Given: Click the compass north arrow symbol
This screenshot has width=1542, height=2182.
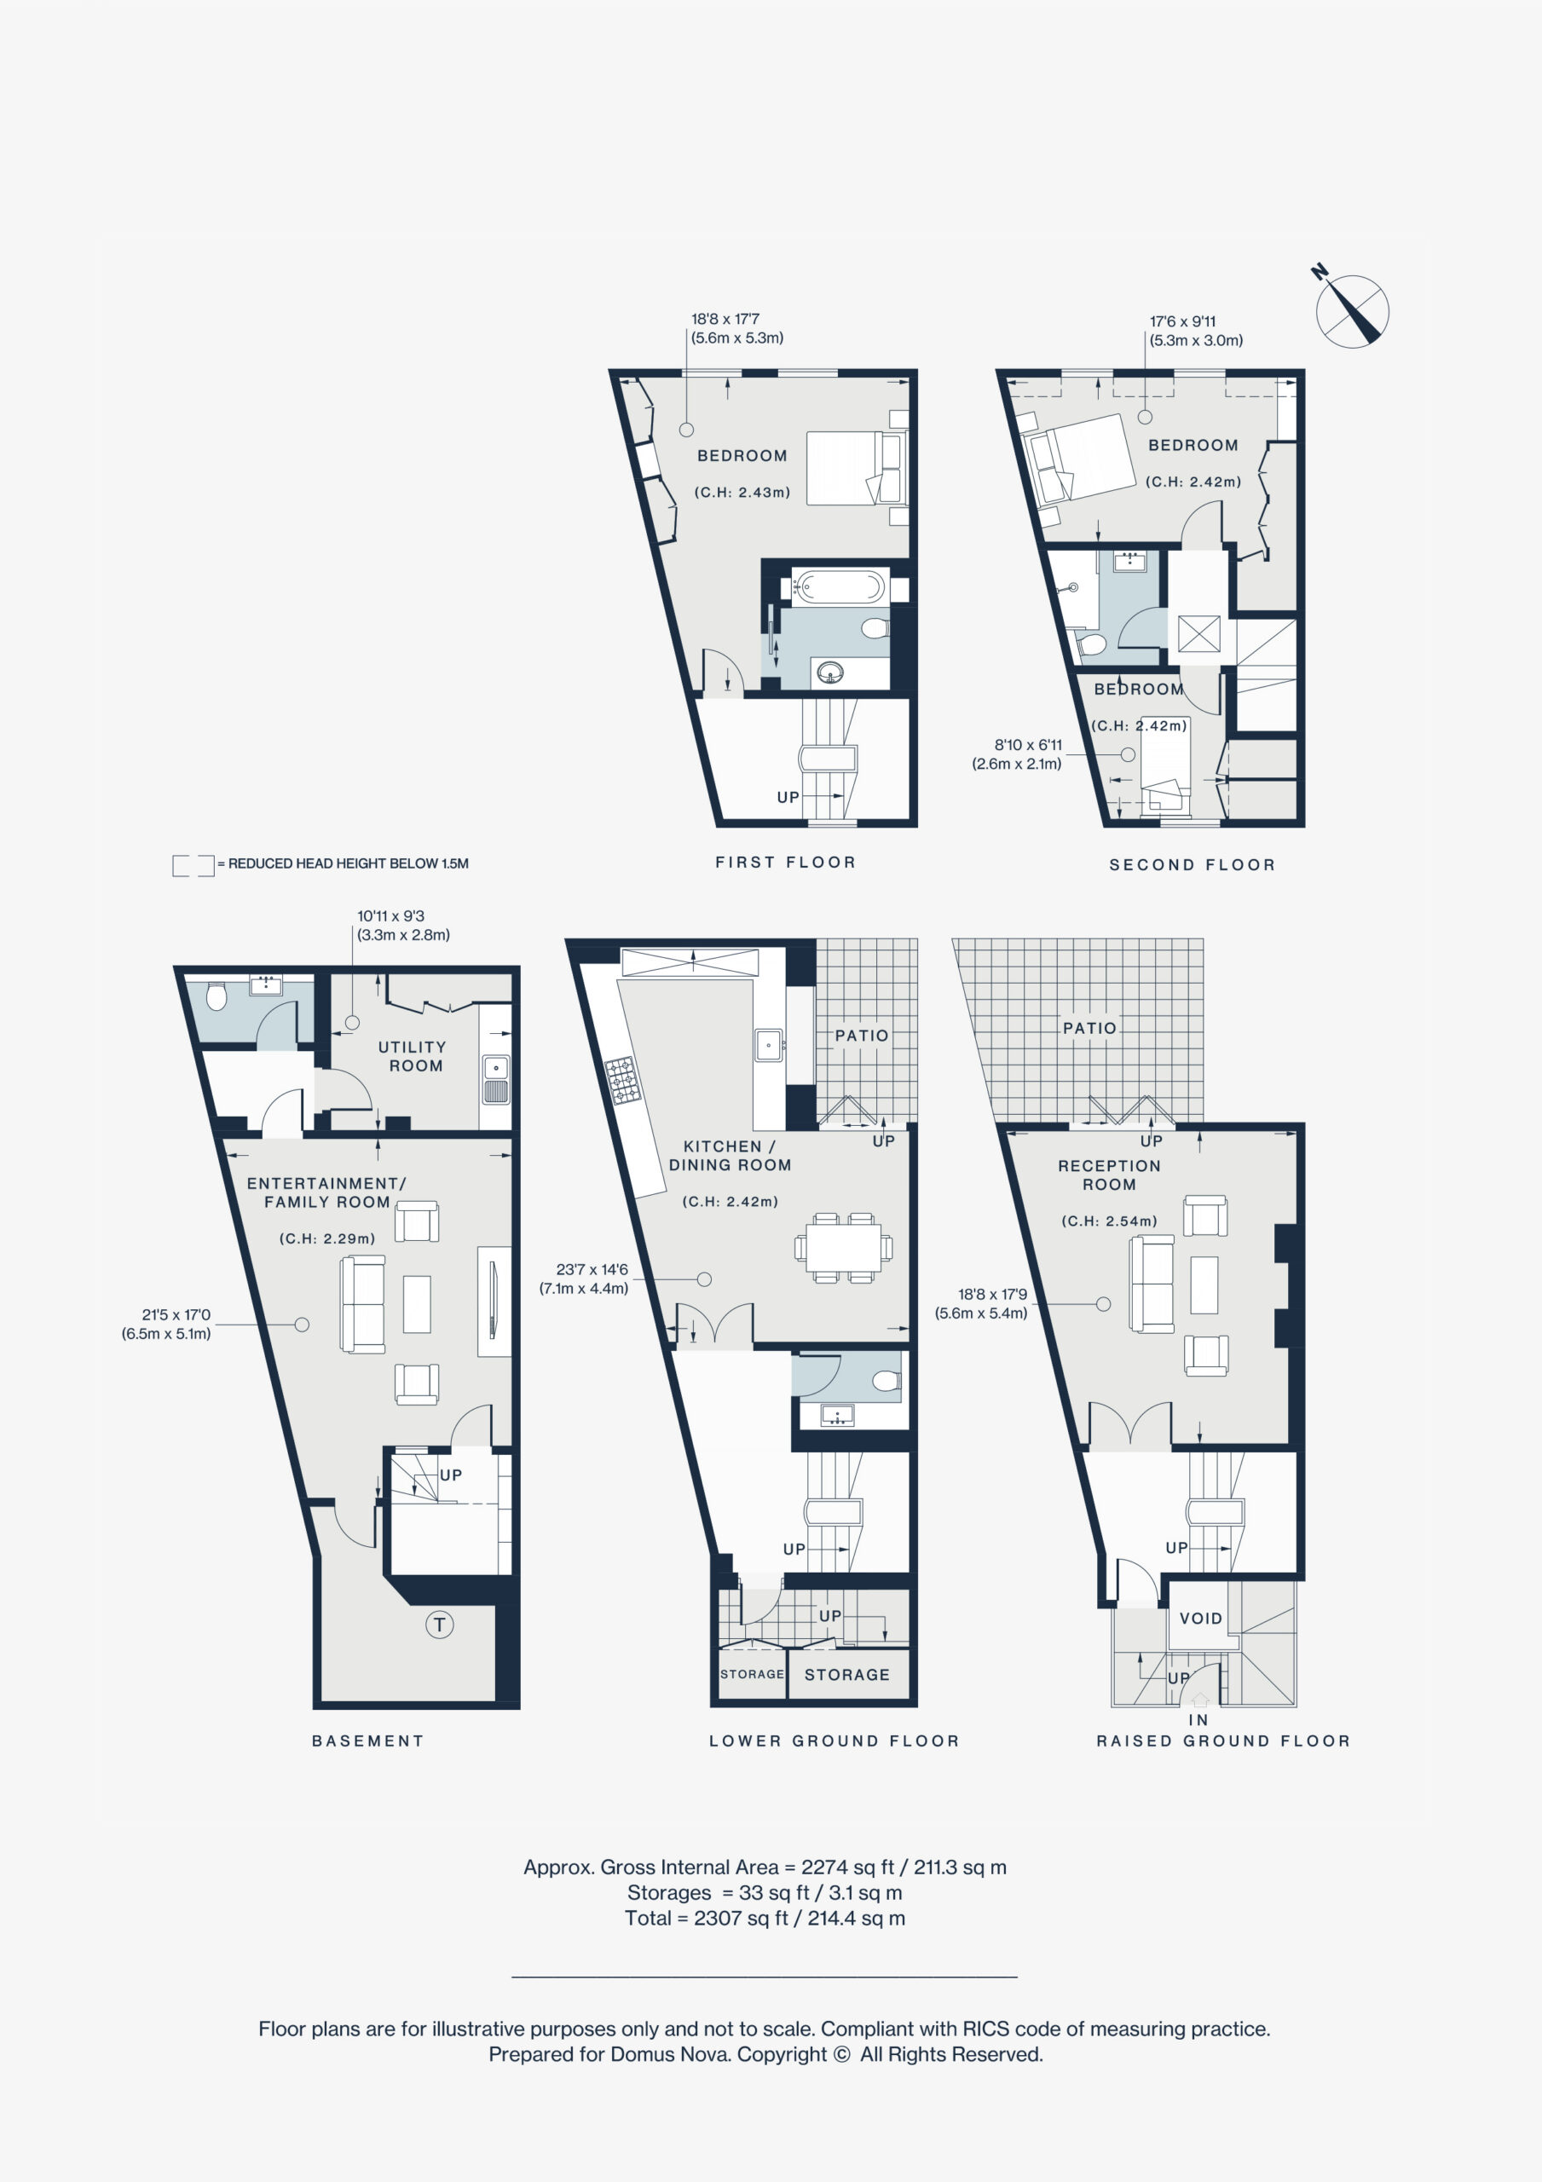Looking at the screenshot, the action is click(x=1352, y=309).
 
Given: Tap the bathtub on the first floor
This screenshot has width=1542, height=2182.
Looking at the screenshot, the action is click(x=840, y=586).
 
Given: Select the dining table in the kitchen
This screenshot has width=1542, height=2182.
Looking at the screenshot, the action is click(x=844, y=1247).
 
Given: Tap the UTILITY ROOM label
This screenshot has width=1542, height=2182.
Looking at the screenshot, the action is click(x=413, y=1056).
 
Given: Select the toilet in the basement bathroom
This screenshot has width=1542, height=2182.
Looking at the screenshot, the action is click(x=217, y=996).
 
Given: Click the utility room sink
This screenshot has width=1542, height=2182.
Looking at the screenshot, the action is click(x=496, y=1079).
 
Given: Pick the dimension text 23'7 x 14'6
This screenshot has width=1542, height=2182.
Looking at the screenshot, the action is click(x=592, y=1269).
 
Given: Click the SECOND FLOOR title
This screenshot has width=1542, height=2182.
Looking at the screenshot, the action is click(x=1193, y=865).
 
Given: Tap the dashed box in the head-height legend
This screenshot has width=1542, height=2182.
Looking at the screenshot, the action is click(x=193, y=865).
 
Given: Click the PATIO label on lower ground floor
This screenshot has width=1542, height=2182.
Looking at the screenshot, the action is click(x=861, y=1035).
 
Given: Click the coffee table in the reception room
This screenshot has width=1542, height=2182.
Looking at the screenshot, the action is click(x=1204, y=1284).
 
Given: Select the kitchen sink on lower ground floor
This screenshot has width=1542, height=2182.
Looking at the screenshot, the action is click(x=768, y=1044).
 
